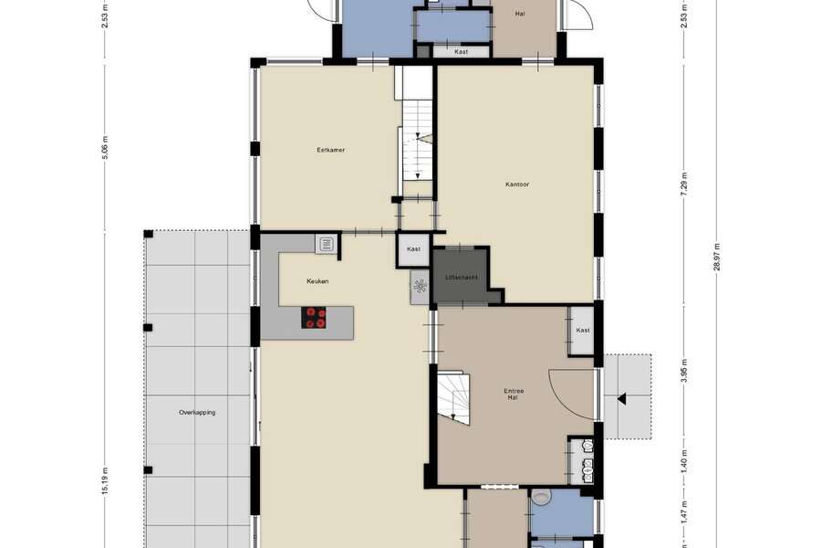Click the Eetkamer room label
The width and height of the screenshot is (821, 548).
(331, 150)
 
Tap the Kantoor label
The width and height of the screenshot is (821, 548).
(517, 184)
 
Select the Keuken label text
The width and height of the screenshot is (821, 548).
(317, 281)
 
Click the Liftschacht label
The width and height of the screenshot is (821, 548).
(462, 278)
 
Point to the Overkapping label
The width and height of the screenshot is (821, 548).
(197, 413)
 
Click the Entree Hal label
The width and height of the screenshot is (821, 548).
(514, 395)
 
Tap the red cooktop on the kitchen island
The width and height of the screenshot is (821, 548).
(314, 318)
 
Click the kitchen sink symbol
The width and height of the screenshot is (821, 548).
(327, 244)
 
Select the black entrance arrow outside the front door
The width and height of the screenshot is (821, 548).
(621, 399)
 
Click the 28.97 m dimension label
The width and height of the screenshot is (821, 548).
(717, 257)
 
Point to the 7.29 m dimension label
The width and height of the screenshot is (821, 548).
(684, 184)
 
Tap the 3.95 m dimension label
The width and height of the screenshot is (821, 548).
(684, 371)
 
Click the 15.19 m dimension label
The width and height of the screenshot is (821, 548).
(105, 481)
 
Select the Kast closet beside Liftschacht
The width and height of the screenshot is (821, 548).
(413, 249)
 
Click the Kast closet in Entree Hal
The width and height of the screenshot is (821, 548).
(582, 331)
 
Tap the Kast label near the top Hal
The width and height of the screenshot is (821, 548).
(462, 52)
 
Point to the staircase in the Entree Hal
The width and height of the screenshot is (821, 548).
(453, 397)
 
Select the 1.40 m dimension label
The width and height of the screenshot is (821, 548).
(684, 461)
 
